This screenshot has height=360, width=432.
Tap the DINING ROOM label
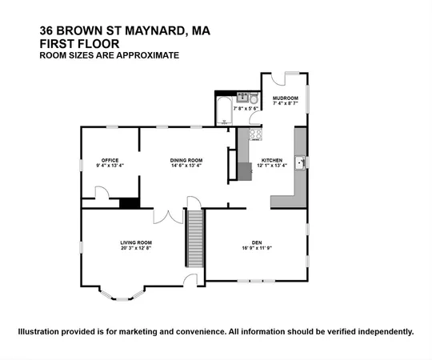(186, 160)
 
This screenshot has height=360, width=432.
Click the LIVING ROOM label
(137, 242)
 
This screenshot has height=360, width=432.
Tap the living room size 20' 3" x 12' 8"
(137, 248)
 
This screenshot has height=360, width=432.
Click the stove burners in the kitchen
(255, 134)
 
